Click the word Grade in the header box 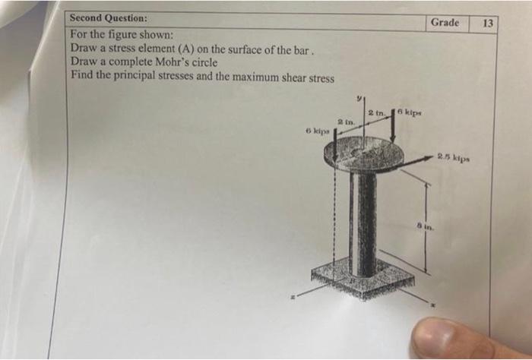coord(445,22)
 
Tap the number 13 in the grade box coord(488,24)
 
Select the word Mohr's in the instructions coord(178,62)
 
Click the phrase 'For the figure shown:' coord(122,35)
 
